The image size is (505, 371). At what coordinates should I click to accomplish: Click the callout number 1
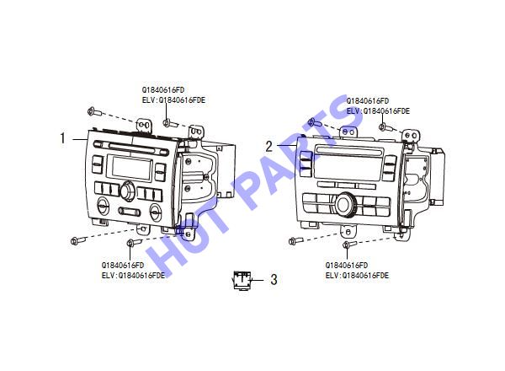pyautogui.click(x=62, y=138)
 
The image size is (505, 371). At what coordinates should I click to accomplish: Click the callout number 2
pyautogui.click(x=269, y=147)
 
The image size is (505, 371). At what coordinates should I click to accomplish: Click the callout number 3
pyautogui.click(x=274, y=280)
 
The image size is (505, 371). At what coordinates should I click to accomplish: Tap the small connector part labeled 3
pyautogui.click(x=242, y=280)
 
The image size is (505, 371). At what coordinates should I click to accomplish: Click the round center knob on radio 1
pyautogui.click(x=128, y=191)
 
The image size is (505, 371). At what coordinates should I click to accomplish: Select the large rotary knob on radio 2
pyautogui.click(x=346, y=205)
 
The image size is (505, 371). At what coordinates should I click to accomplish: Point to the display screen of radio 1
pyautogui.click(x=131, y=168)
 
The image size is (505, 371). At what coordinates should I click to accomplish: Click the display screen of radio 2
pyautogui.click(x=348, y=168)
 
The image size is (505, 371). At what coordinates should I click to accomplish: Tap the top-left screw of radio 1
pyautogui.click(x=94, y=112)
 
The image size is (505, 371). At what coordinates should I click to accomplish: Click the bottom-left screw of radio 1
pyautogui.click(x=78, y=240)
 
